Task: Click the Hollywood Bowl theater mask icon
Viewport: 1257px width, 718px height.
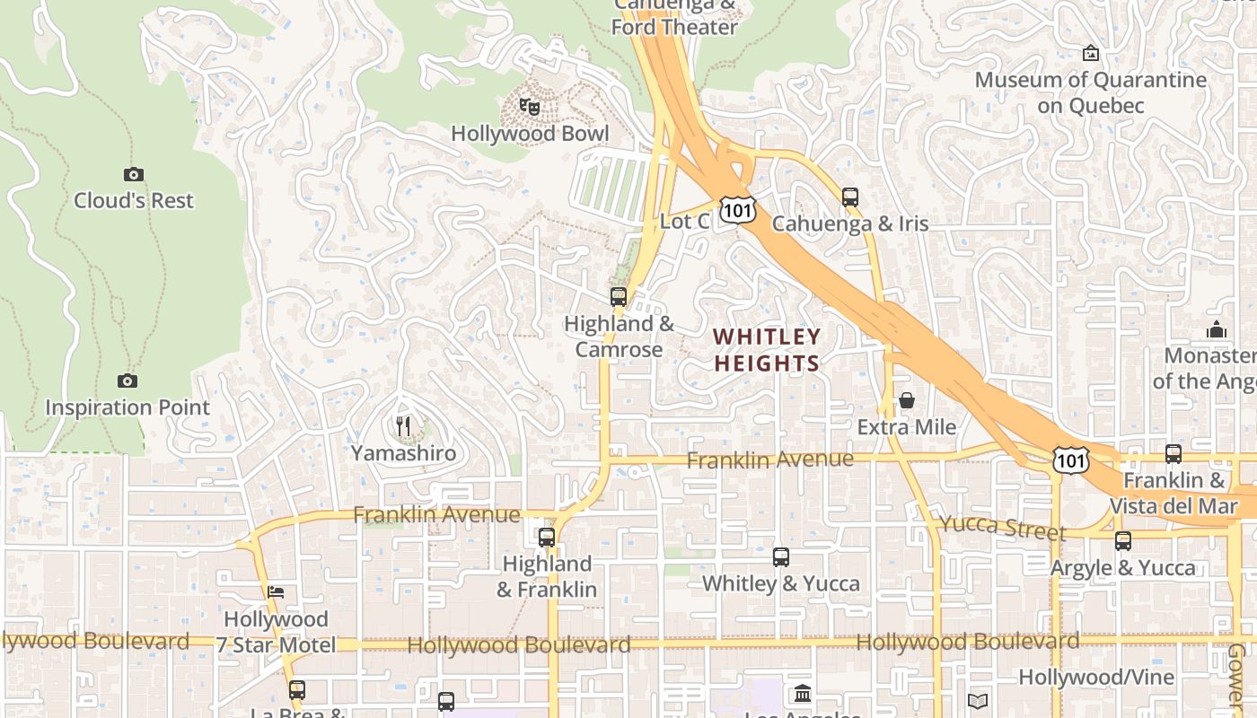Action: pyautogui.click(x=530, y=107)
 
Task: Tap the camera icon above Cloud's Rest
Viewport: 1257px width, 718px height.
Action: pyautogui.click(x=133, y=174)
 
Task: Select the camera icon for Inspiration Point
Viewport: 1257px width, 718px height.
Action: pyautogui.click(x=127, y=381)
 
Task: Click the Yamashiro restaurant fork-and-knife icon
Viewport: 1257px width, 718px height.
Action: pyautogui.click(x=404, y=426)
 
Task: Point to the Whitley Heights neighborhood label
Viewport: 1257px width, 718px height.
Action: pyautogui.click(x=767, y=350)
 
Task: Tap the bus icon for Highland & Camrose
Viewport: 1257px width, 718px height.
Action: pyautogui.click(x=618, y=296)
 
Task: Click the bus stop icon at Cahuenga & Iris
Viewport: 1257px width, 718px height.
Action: pyautogui.click(x=849, y=197)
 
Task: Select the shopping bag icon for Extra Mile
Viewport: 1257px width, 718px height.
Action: pyautogui.click(x=907, y=400)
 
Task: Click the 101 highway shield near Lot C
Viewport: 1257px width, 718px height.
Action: pyautogui.click(x=737, y=210)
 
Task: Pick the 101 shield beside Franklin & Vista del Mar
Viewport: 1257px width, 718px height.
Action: pyautogui.click(x=1072, y=460)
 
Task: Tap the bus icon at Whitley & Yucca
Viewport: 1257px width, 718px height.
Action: pyautogui.click(x=780, y=556)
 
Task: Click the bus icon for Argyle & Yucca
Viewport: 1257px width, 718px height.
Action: pyautogui.click(x=1122, y=540)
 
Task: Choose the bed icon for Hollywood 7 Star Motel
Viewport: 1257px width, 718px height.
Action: pyautogui.click(x=276, y=592)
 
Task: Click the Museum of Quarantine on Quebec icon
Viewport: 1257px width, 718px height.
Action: pyautogui.click(x=1091, y=54)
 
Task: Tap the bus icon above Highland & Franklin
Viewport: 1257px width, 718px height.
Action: pyautogui.click(x=546, y=538)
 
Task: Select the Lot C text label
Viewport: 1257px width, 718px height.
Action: pyautogui.click(x=685, y=221)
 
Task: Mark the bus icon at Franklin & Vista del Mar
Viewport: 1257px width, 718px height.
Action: pyautogui.click(x=1173, y=453)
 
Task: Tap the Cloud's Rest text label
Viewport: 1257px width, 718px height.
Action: pyautogui.click(x=133, y=200)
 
